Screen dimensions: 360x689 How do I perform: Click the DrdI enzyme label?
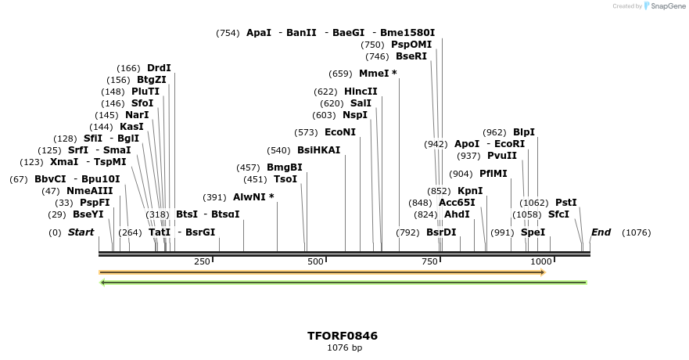click(159, 68)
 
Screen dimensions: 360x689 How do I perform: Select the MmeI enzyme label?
click(374, 74)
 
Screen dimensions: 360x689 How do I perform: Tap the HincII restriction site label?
click(361, 92)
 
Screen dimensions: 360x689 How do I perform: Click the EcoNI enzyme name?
click(340, 132)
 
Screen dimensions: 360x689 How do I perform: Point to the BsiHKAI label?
click(319, 150)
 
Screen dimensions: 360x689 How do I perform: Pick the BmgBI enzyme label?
click(285, 167)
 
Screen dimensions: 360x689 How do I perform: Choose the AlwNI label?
click(249, 197)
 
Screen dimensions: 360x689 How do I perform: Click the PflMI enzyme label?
click(493, 174)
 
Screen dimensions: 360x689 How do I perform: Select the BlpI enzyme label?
click(524, 132)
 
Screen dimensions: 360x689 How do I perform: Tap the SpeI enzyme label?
click(533, 232)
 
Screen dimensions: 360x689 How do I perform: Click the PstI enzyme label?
click(565, 203)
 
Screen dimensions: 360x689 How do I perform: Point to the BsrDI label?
click(441, 232)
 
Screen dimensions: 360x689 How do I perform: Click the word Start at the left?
click(81, 232)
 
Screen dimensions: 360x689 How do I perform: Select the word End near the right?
click(601, 232)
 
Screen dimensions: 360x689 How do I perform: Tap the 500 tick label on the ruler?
click(315, 261)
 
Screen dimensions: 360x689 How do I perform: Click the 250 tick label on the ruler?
click(202, 261)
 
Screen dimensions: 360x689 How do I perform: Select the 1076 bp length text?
click(344, 347)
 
